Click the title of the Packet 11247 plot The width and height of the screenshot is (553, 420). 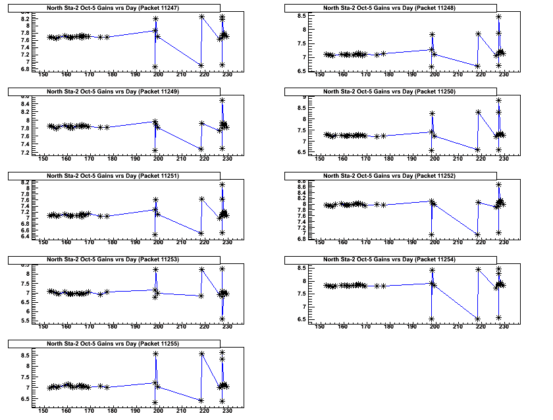tap(115, 7)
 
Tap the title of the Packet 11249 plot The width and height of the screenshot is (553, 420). tap(115, 92)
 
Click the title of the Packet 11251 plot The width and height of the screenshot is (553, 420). tap(115, 176)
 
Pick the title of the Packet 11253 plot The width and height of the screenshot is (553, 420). tap(115, 259)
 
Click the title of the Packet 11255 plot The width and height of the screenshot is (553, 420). tap(115, 344)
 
